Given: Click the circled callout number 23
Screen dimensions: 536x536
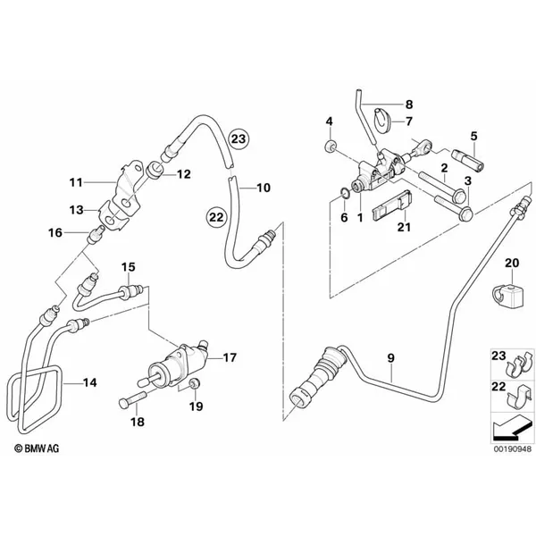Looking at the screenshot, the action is (239, 139).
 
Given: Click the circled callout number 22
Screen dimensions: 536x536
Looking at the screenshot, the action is (216, 217).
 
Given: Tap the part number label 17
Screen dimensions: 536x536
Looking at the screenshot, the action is (230, 357).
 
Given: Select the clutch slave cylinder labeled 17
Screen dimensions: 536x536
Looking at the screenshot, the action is (176, 365).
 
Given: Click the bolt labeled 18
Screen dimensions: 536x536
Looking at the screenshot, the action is (132, 398).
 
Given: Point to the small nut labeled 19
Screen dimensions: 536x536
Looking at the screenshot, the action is (195, 384).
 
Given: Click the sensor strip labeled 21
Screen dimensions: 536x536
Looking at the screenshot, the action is (392, 204).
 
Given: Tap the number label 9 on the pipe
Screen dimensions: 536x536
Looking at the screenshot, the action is (390, 358).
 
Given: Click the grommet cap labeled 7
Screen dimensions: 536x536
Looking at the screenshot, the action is (381, 118).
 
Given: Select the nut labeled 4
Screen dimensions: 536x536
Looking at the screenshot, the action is (330, 147).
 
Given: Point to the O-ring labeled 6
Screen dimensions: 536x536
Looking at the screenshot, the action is (344, 195).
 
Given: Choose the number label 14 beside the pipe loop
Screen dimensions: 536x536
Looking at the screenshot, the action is (90, 382).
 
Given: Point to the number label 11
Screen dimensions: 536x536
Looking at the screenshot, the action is (76, 182).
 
